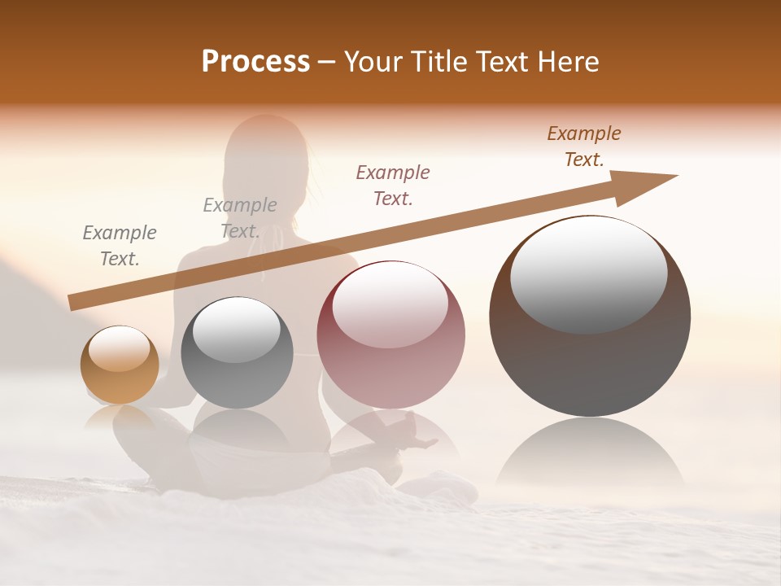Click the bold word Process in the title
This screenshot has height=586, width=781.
pyautogui.click(x=255, y=62)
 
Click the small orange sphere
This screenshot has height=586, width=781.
pyautogui.click(x=120, y=365)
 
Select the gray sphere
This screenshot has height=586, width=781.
pyautogui.click(x=237, y=353)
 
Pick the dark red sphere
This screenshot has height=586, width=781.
pyautogui.click(x=390, y=335)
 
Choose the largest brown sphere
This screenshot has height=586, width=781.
pyautogui.click(x=590, y=316)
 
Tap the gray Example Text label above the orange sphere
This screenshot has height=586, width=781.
pyautogui.click(x=120, y=246)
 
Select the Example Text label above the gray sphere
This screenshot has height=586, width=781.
pyautogui.click(x=240, y=218)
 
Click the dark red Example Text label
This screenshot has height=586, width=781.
pyautogui.click(x=393, y=185)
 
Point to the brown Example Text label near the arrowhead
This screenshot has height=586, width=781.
pyautogui.click(x=584, y=146)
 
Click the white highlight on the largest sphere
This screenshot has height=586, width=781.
pyautogui.click(x=589, y=273)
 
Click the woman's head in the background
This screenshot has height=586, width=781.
pyautogui.click(x=265, y=151)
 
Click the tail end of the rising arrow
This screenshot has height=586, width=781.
pyautogui.click(x=75, y=302)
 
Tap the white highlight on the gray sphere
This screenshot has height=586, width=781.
pyautogui.click(x=237, y=330)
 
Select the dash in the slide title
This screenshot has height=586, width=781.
pyautogui.click(x=327, y=62)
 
